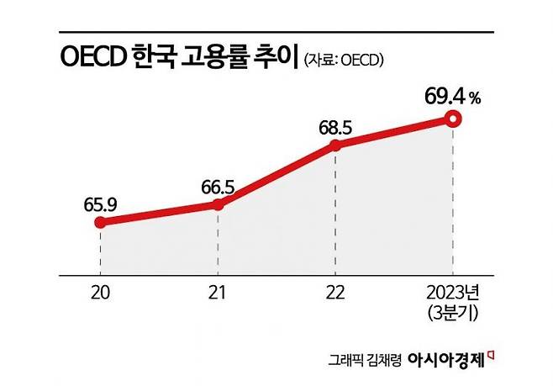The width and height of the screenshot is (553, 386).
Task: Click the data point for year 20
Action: [100, 222]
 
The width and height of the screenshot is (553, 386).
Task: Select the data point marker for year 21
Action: [218, 204]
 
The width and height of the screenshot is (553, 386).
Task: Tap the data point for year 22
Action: [335, 145]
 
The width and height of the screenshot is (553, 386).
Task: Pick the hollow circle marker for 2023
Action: [453, 119]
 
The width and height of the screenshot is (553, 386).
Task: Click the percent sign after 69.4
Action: [475, 98]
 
